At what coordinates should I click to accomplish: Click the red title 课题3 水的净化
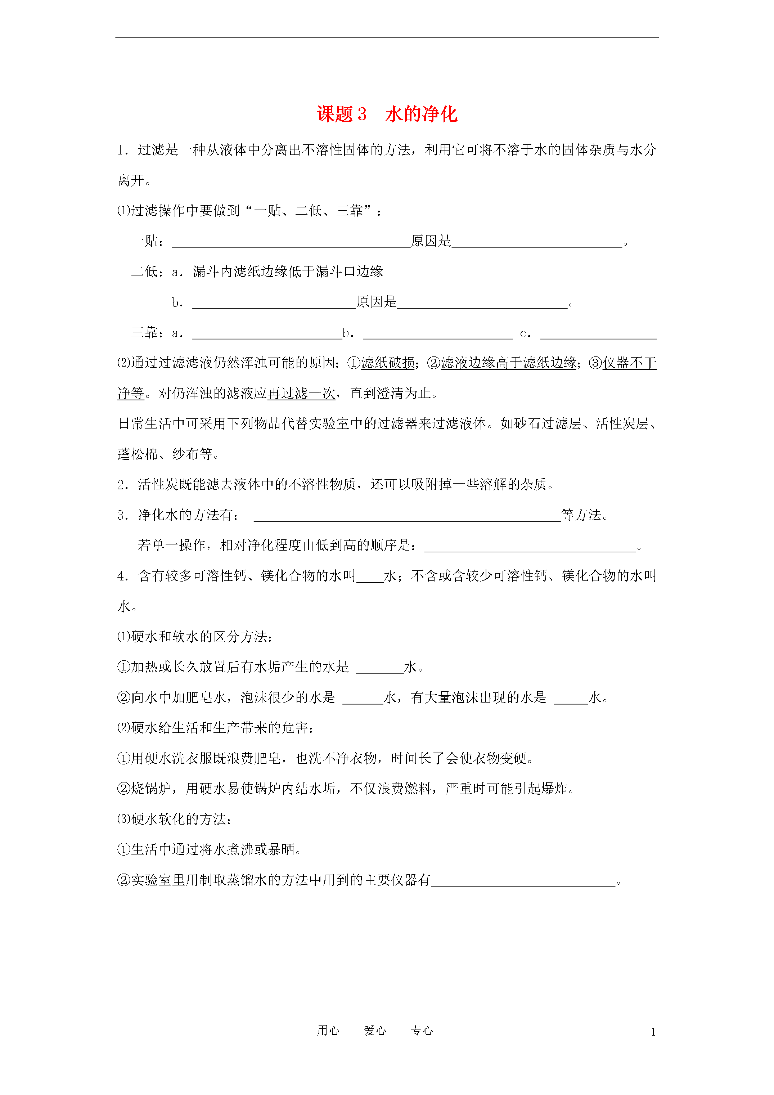point(387,115)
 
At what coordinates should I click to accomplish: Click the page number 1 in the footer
point(653,1032)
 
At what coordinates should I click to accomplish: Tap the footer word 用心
point(328,1031)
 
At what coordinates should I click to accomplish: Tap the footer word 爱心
point(375,1031)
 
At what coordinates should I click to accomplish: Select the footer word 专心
point(422,1031)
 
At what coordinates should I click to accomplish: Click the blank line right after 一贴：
point(291,242)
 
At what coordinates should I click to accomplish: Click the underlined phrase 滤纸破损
point(388,363)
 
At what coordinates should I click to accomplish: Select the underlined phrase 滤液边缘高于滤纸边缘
point(508,363)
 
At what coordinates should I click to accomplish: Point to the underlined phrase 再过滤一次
point(301,394)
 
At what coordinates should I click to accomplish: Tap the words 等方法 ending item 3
point(581,515)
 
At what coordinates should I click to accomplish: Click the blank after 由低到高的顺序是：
point(530,547)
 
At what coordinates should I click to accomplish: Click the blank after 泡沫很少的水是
point(363,699)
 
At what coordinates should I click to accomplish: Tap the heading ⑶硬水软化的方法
point(175,819)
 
